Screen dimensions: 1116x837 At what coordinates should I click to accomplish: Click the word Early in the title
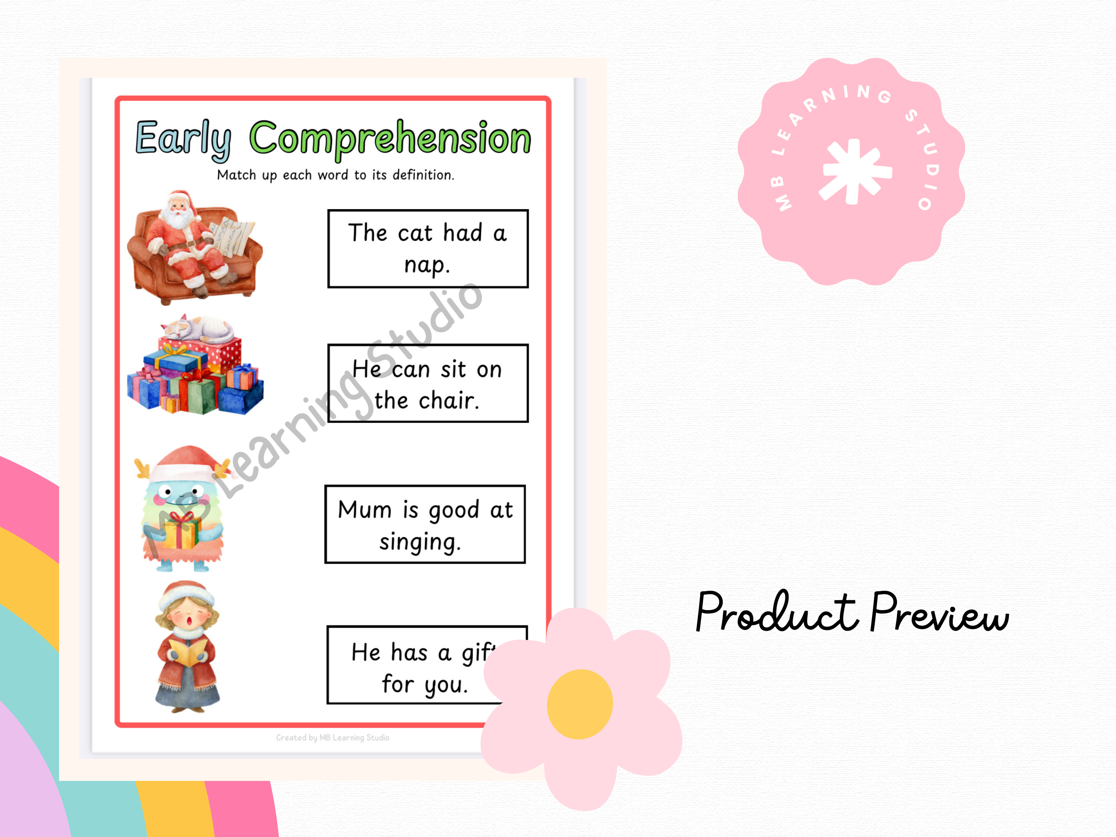pos(184,140)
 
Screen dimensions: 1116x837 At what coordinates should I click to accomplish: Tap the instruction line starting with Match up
pos(336,175)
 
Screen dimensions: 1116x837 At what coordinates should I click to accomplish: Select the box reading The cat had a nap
pos(428,249)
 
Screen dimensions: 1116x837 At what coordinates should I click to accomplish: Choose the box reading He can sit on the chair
pos(428,384)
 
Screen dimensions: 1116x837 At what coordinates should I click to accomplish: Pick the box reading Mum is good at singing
pos(425,524)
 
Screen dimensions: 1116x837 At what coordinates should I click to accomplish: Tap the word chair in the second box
pos(448,401)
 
